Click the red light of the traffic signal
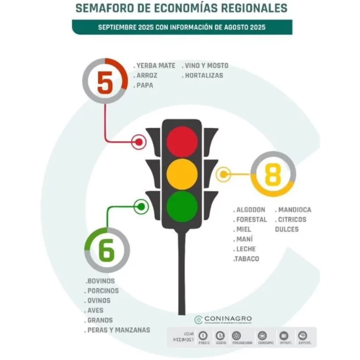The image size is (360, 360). coord(182,142)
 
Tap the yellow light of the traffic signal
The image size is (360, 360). coord(182,174)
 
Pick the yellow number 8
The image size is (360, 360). coord(273,174)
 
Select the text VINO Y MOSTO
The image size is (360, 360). coord(206,66)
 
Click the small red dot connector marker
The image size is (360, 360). coord(139,142)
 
